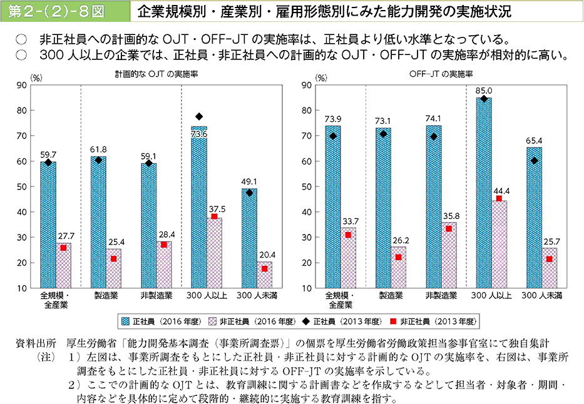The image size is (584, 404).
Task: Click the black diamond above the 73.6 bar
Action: click(x=199, y=116)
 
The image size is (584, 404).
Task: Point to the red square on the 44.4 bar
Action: click(x=499, y=198)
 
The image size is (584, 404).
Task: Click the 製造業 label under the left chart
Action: click(x=106, y=295)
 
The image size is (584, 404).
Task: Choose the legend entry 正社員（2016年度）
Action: click(x=165, y=321)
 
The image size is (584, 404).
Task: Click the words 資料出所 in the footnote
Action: click(x=39, y=343)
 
